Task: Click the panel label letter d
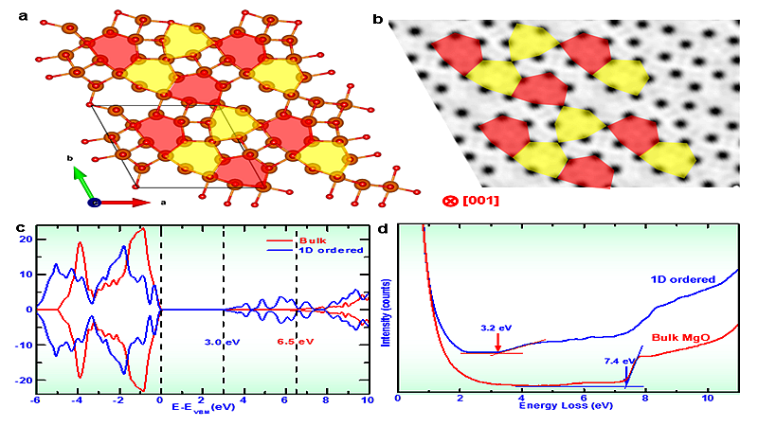[383, 227]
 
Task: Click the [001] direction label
[479, 201]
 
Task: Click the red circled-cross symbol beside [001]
[450, 201]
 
